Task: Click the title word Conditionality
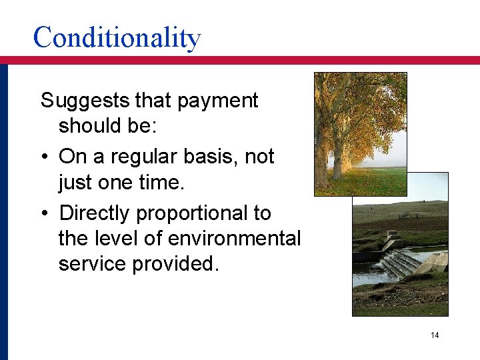coord(117,37)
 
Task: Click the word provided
coord(175,263)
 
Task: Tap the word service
coord(93,263)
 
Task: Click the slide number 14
coord(435,335)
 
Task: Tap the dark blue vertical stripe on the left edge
coord(3,213)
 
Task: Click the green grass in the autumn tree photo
coord(373,183)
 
